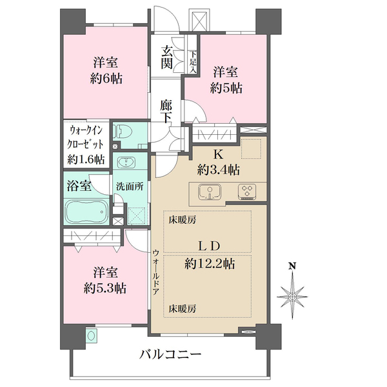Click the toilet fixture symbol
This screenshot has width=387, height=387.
click(118, 132)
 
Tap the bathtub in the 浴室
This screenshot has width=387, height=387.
click(87, 212)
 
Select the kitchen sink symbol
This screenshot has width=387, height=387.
click(210, 192)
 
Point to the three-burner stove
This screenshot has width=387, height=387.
click(247, 192)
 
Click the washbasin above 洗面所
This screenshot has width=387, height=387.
click(126, 163)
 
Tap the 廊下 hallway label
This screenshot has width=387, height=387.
click(166, 112)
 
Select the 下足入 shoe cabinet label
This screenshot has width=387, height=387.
click(193, 62)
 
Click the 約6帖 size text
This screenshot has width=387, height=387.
click(106, 79)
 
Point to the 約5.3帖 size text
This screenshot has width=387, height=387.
click(105, 288)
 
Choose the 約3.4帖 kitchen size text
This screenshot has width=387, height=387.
click(219, 170)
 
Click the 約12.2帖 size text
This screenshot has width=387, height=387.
click(210, 264)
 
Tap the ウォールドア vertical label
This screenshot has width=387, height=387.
click(156, 272)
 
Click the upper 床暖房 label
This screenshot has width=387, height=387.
click(183, 220)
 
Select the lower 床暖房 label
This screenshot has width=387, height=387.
click(183, 308)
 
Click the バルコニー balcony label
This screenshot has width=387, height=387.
click(170, 355)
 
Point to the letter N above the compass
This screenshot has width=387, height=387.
click(293, 266)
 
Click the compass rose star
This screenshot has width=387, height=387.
click(292, 295)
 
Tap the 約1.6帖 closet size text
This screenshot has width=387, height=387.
click(86, 160)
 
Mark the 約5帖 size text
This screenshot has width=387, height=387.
click(226, 88)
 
